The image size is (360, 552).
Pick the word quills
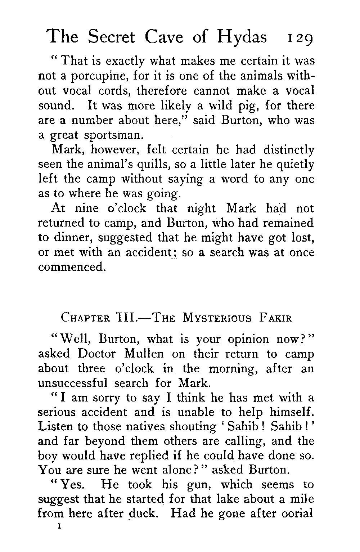coord(154,165)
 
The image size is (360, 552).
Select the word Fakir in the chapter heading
coord(275,318)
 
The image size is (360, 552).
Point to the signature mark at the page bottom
coord(57,527)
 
